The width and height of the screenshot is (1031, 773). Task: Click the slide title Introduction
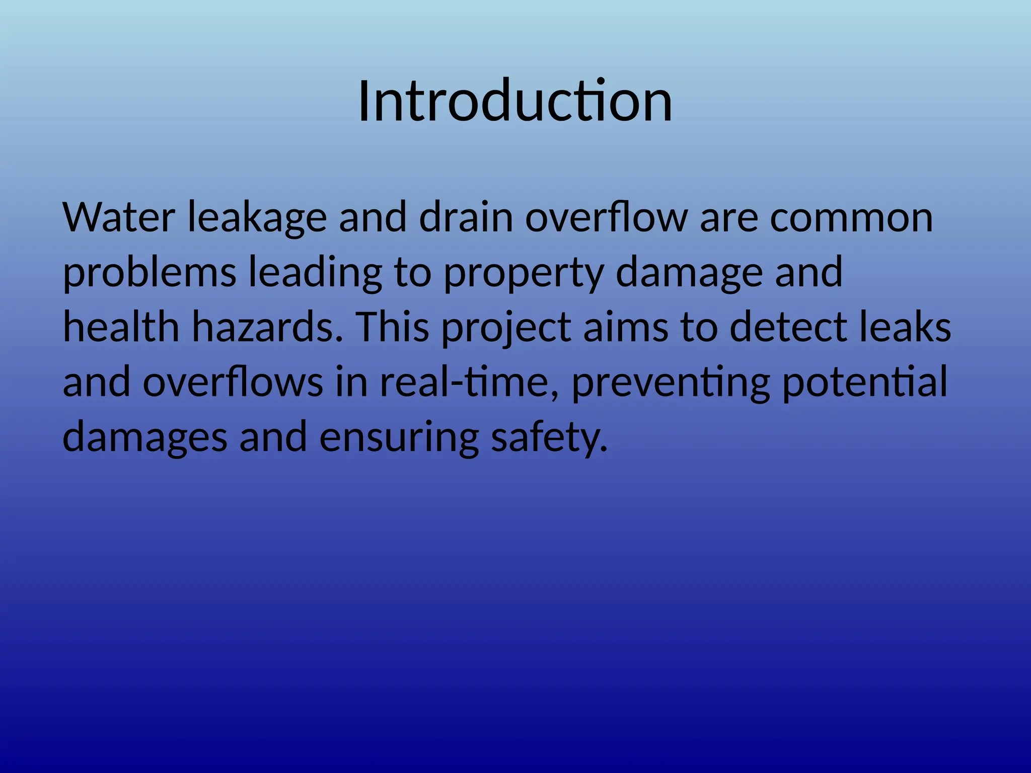[x=515, y=102]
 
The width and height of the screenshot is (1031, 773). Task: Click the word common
[x=851, y=218]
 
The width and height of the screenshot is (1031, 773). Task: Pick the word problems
[x=150, y=274]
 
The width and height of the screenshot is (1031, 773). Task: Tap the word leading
[x=316, y=274]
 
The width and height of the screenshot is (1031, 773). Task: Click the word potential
[x=864, y=382]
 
